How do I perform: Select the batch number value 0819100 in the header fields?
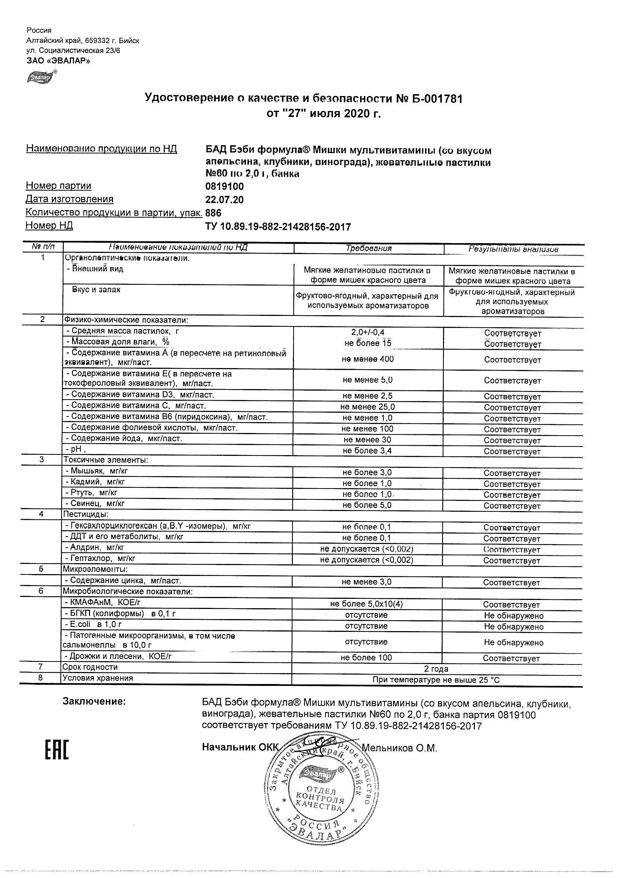click(225, 186)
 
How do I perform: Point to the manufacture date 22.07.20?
click(225, 200)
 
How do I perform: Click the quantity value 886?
click(214, 213)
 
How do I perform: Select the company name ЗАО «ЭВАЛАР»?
click(58, 60)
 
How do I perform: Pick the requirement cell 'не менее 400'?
click(368, 359)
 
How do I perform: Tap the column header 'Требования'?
click(368, 248)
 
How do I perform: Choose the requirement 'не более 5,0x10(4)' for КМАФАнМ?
click(366, 604)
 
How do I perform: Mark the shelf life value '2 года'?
click(436, 669)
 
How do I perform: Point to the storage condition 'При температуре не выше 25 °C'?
click(436, 680)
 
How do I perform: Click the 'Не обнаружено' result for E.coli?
click(513, 626)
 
